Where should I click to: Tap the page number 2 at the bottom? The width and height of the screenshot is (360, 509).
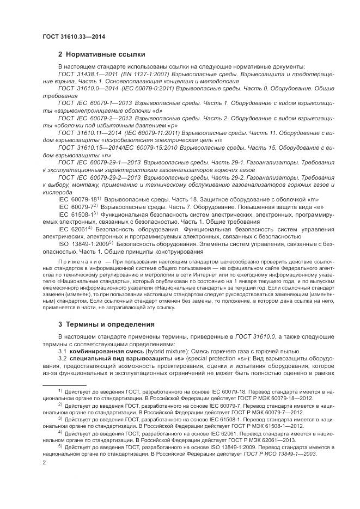pos(44,462)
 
